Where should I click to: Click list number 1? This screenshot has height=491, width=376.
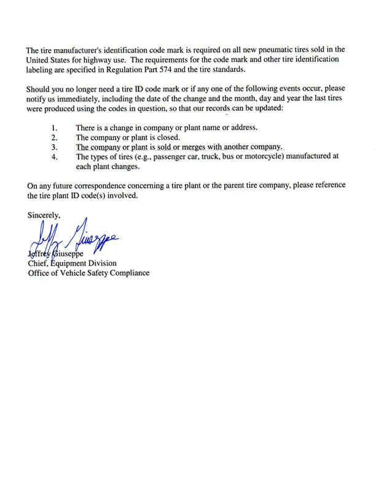coord(54,128)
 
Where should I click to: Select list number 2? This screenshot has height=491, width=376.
coord(54,137)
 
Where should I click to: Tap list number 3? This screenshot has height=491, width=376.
coord(54,147)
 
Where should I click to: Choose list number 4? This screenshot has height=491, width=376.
coord(54,157)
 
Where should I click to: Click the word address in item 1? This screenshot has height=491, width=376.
coord(242,128)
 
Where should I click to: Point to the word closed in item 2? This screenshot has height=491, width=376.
coord(166,137)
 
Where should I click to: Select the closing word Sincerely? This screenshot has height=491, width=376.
coord(44,215)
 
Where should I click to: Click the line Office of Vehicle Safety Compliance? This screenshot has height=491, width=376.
coord(88,273)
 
